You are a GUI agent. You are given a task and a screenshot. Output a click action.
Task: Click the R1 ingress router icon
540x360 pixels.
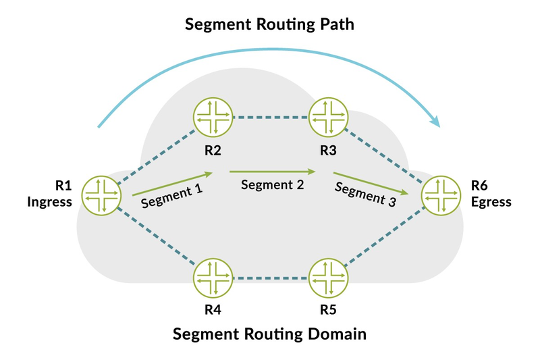click(101, 196)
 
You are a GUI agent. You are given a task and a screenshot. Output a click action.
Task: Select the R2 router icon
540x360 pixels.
click(213, 117)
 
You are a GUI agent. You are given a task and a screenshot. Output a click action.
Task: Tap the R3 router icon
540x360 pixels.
click(328, 117)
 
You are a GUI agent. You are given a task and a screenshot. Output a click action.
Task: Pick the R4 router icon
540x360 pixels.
click(213, 278)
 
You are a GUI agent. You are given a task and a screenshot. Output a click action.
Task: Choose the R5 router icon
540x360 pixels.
click(328, 278)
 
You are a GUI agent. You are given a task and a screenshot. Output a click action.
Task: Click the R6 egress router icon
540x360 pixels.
click(441, 196)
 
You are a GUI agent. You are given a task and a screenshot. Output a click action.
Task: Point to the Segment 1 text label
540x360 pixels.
click(171, 196)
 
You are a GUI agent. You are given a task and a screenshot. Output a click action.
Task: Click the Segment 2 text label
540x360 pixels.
click(273, 185)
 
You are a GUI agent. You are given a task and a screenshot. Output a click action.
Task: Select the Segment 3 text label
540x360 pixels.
click(366, 195)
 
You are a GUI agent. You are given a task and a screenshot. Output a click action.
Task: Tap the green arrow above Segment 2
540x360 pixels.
click(273, 171)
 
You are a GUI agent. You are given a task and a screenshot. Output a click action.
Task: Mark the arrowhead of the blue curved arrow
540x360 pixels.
click(435, 121)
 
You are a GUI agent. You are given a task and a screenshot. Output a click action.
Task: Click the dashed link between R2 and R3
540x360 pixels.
click(271, 118)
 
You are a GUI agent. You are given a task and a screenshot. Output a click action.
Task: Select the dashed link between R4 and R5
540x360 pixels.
click(271, 278)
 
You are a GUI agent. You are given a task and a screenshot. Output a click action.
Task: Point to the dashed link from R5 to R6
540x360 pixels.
click(385, 236)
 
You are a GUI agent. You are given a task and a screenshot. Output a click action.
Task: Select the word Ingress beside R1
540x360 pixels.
click(49, 202)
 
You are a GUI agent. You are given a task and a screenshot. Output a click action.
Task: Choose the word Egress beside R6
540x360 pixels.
click(491, 202)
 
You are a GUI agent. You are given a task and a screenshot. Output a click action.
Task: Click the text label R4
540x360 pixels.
click(213, 310)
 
